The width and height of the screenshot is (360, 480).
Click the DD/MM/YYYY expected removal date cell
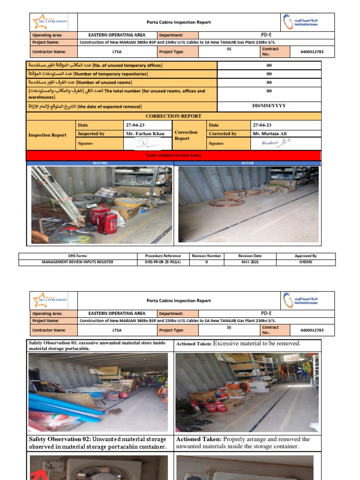(x=269, y=106)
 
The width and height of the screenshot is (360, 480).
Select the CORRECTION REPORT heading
(x=173, y=116)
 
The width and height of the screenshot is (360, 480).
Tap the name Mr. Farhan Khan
(x=145, y=134)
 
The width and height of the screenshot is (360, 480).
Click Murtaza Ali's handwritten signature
(x=273, y=143)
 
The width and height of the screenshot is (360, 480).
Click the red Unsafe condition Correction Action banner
(x=173, y=155)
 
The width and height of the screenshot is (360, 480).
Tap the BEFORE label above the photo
(x=100, y=163)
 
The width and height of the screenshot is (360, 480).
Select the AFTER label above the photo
(x=247, y=163)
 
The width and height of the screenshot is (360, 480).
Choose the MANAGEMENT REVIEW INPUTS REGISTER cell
(x=78, y=262)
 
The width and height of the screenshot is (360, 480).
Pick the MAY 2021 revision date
(x=250, y=262)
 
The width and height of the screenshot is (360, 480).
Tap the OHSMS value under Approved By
(x=306, y=262)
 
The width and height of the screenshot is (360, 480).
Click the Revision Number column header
(x=206, y=256)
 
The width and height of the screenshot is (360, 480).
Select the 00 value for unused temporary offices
(x=269, y=66)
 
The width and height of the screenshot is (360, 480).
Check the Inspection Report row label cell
(x=47, y=135)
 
